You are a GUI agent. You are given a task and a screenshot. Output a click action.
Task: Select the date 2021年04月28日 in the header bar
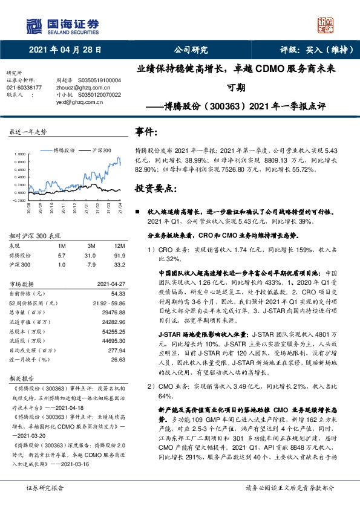tap(65, 50)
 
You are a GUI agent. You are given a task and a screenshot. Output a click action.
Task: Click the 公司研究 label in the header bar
tap(191, 50)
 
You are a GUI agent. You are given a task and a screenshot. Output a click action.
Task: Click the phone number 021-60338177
tap(24, 87)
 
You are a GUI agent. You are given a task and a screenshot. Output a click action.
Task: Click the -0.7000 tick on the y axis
tap(19, 200)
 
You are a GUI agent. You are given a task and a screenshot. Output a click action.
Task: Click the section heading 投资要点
tap(155, 189)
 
